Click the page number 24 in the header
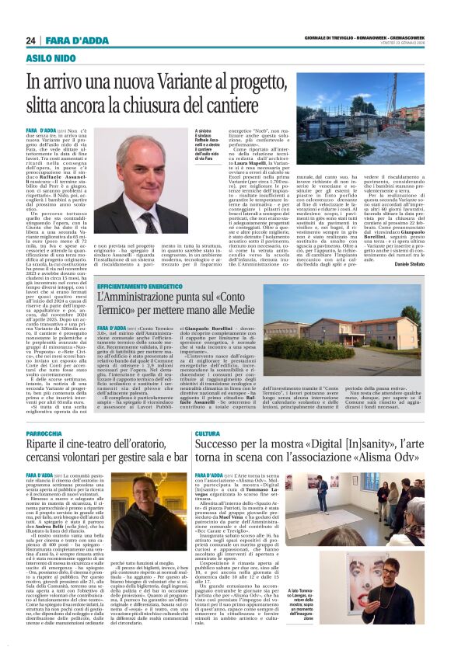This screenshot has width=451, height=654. pyautogui.click(x=31, y=40)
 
